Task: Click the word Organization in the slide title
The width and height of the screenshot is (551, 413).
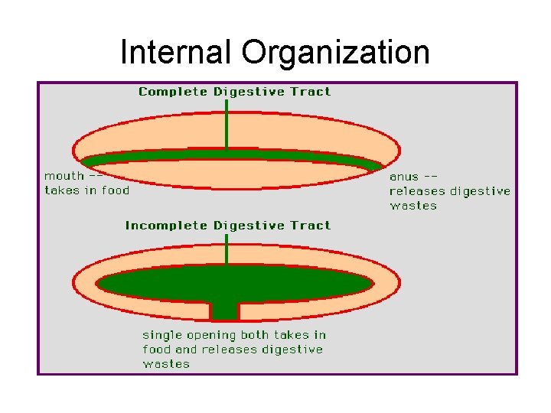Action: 335,53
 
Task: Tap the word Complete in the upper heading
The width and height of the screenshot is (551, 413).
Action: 173,92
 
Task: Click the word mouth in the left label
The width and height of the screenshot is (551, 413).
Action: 64,176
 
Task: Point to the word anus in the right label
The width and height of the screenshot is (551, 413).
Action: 404,177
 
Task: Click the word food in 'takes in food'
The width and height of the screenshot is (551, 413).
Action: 116,190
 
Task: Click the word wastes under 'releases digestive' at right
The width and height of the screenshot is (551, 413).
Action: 413,206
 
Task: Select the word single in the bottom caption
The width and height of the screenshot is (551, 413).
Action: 161,335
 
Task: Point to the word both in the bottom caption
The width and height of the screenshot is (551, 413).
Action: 257,335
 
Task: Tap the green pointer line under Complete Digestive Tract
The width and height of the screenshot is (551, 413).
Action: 227,126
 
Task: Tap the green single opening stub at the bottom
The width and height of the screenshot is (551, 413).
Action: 225,310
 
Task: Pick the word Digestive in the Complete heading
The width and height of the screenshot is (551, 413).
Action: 248,92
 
